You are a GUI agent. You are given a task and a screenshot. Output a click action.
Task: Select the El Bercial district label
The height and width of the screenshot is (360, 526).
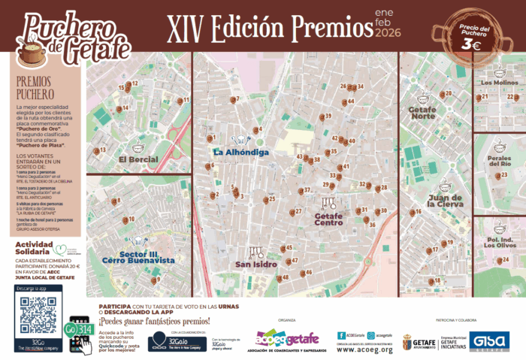pos(138,159)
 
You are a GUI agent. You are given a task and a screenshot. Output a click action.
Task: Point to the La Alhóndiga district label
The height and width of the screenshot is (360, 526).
pos(240,152)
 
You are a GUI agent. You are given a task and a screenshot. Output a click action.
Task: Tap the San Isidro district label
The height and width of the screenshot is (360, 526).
pos(256,265)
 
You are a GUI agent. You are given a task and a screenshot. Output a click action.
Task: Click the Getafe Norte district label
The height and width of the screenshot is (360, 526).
pos(422,112)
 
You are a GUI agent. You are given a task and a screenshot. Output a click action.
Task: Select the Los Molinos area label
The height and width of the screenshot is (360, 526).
pos(499,83)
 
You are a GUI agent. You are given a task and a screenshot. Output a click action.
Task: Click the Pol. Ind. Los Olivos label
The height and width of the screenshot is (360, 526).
pos(500,241)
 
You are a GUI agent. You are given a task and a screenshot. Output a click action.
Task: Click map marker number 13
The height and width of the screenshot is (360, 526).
pos(96,151)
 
